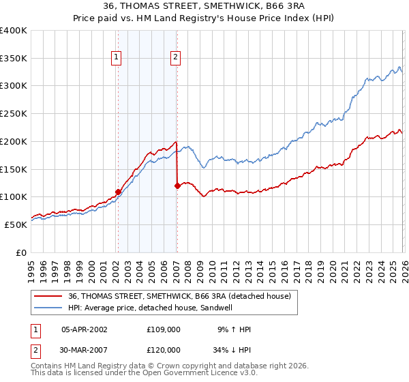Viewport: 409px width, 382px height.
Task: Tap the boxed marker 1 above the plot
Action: click(x=117, y=58)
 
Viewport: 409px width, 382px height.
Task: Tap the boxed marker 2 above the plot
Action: click(x=175, y=58)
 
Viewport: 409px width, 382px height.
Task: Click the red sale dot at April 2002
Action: click(x=118, y=192)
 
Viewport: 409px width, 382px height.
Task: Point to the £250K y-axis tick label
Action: click(x=14, y=114)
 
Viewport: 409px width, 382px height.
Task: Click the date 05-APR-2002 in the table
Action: click(x=85, y=329)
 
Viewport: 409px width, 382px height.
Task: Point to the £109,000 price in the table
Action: click(x=164, y=329)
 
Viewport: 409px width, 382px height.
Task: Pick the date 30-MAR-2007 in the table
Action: click(x=85, y=350)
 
